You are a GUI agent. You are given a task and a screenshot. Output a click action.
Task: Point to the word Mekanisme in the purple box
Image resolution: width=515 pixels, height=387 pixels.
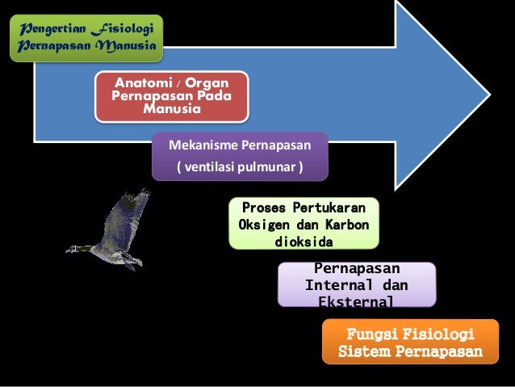pos(199,146)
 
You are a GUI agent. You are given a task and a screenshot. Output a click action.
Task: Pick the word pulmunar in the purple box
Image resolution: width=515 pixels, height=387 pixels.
pos(270,169)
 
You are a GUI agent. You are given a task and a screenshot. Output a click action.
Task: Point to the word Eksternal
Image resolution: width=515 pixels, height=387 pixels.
pos(356,301)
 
